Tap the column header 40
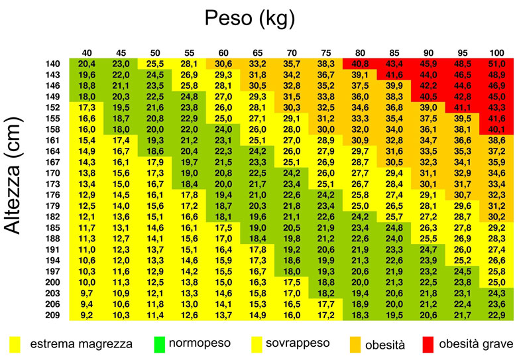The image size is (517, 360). [x=87, y=52]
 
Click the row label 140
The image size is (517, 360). [x=52, y=64]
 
